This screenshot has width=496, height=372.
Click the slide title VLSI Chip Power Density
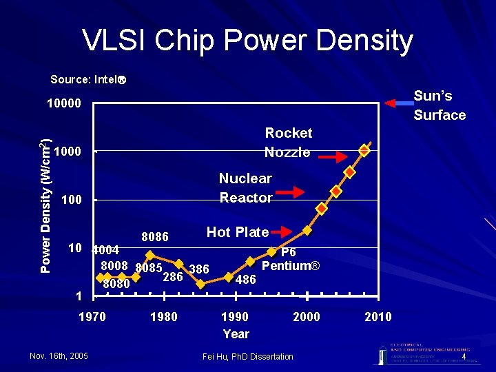[x=248, y=41]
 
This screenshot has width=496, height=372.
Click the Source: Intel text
[x=87, y=79]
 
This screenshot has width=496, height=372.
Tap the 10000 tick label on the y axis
[x=63, y=104]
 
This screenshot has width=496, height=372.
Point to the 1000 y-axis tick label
[x=68, y=152]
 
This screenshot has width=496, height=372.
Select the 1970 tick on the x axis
[x=92, y=316]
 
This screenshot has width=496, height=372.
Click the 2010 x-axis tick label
[x=377, y=316]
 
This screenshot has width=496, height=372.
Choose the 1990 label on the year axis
[x=235, y=316]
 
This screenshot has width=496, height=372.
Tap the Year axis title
[x=236, y=334]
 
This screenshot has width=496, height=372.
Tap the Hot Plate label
[x=238, y=232]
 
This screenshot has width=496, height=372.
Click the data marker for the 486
[x=229, y=277]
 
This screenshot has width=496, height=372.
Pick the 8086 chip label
[x=155, y=237]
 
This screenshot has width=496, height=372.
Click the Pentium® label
[x=291, y=265]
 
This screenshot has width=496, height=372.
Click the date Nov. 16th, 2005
[x=59, y=356]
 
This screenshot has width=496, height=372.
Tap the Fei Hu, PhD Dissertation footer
[x=248, y=356]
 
